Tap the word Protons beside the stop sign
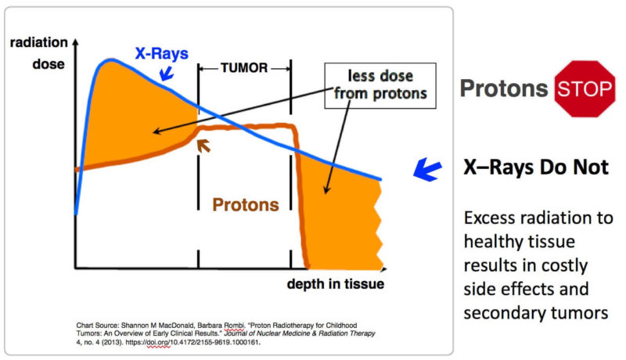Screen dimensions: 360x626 tap(503, 88)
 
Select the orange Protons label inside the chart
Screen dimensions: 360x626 tap(246, 204)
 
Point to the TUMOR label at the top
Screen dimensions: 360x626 tap(244, 68)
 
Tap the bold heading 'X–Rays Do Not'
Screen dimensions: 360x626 tap(536, 168)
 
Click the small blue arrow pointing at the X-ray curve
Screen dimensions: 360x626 tap(165, 75)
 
